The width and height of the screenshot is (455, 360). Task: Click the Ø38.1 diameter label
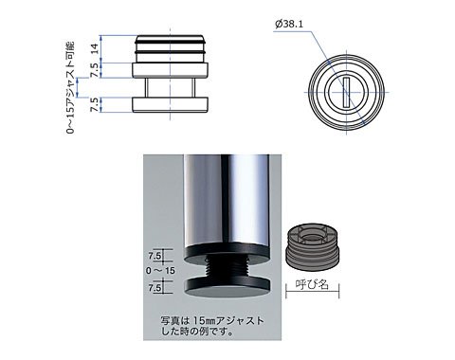pos(289,25)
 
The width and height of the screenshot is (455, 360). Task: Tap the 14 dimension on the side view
pos(95,48)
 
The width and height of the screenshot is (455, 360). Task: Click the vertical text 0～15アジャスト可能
pos(71,87)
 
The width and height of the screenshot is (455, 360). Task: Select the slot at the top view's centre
pos(347,93)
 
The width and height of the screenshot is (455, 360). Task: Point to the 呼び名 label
pos(312,285)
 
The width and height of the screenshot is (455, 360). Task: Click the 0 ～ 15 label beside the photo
pos(160,271)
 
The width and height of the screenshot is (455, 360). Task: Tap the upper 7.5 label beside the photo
pos(155,256)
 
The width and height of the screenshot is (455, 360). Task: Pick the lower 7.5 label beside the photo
pos(155,288)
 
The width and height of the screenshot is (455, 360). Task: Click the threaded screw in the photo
pos(227,268)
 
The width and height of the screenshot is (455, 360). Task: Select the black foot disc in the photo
pos(227,287)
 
